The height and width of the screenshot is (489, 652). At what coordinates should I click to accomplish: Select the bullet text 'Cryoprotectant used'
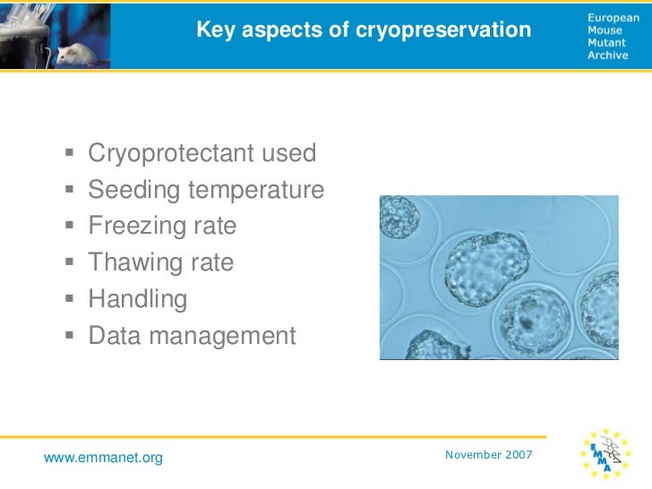(x=202, y=153)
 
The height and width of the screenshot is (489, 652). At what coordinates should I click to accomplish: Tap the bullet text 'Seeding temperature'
(x=206, y=190)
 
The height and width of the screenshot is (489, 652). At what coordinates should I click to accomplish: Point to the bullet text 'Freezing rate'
(x=162, y=227)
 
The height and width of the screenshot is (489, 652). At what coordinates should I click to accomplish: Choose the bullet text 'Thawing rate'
(x=160, y=263)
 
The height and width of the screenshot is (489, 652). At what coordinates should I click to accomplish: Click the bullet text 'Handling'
(x=138, y=299)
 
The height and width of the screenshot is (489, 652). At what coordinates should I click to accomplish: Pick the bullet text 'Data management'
(x=192, y=336)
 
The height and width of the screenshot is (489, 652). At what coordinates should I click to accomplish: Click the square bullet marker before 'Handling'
(x=70, y=299)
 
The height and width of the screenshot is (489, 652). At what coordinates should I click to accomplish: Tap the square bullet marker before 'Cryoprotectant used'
(x=70, y=153)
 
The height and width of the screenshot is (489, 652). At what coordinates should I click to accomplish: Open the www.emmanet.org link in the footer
(x=104, y=459)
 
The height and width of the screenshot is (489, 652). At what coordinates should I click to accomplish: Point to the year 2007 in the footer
(x=519, y=455)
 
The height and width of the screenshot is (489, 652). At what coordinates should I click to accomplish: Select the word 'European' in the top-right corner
(x=613, y=17)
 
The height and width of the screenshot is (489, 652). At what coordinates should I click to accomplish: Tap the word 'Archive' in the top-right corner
(x=608, y=55)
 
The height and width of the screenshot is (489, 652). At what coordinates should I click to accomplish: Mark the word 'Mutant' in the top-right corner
(x=607, y=42)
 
